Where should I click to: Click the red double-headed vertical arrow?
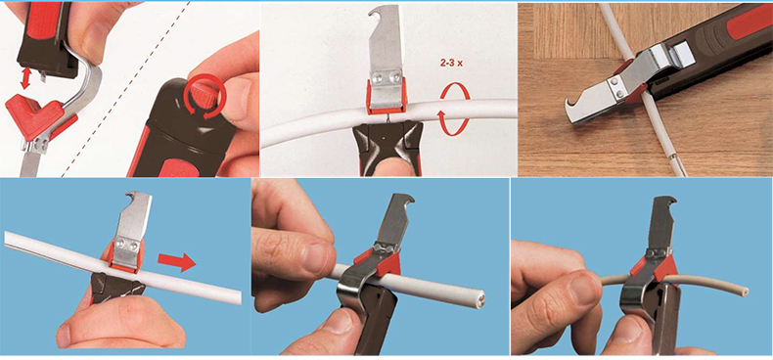[25, 78]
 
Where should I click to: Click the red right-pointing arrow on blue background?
[177, 262]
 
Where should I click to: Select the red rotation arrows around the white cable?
[454, 109]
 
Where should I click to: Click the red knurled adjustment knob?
[203, 92]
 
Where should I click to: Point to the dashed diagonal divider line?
[125, 89]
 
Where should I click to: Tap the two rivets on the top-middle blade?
[386, 77]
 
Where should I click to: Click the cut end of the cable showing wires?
[480, 298]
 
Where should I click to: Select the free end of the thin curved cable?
[746, 292]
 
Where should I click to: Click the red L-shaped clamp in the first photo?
[33, 116]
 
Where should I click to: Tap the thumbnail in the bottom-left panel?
[64, 336]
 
